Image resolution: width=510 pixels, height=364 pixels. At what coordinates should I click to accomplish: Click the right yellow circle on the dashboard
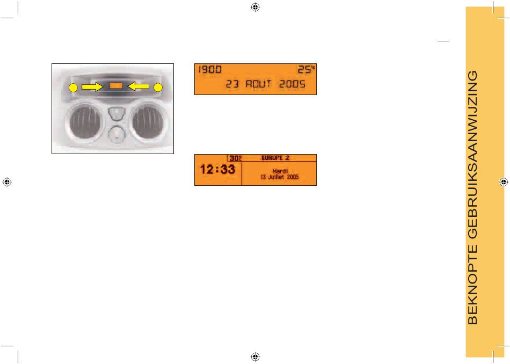coord(158,87)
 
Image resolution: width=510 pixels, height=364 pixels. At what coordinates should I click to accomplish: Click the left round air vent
coord(84,120)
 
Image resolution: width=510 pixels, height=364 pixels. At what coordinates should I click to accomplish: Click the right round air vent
coord(147,121)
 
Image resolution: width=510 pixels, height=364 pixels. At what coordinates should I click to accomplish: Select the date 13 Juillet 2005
coord(279,177)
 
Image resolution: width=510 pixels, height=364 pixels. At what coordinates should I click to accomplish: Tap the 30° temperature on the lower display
coord(236,158)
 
